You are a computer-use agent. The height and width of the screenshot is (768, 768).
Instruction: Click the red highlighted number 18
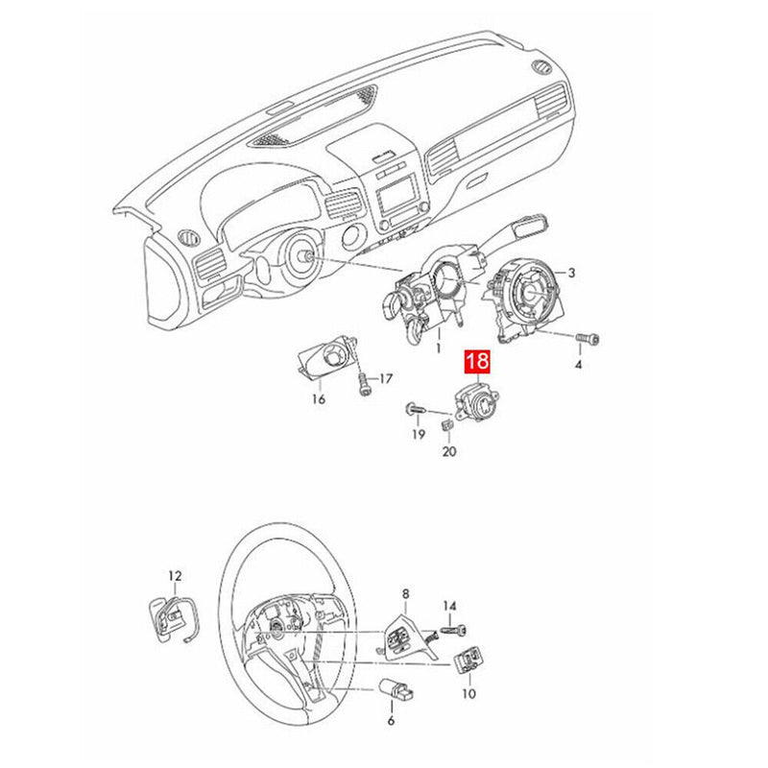(478, 362)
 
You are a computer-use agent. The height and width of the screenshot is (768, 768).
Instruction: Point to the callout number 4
(579, 366)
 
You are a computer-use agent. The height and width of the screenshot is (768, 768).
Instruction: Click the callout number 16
(318, 398)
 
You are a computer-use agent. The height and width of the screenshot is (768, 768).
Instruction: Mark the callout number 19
(418, 435)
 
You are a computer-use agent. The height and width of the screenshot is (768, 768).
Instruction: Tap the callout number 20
(448, 451)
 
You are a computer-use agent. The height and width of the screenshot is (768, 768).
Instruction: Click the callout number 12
(174, 576)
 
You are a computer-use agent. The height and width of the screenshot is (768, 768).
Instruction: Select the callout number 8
(405, 594)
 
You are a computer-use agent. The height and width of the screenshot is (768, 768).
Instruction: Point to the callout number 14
(449, 605)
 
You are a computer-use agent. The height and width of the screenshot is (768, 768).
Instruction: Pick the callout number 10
(468, 692)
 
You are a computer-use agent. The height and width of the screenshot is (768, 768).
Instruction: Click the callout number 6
(390, 720)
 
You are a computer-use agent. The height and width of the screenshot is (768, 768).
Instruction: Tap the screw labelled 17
(364, 382)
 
